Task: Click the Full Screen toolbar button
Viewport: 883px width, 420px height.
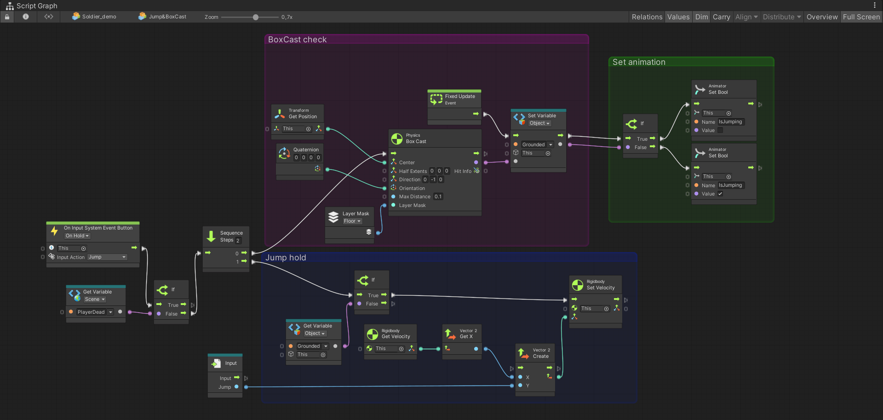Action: click(861, 17)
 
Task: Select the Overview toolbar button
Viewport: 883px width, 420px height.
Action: click(822, 17)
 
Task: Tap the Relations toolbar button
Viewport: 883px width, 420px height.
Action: click(647, 17)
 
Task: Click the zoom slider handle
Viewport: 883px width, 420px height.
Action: click(256, 17)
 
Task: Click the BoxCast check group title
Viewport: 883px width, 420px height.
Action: click(297, 40)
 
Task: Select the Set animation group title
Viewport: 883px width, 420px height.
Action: click(639, 62)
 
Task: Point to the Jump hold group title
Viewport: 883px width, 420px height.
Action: click(286, 258)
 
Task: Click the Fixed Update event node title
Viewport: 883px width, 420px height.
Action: click(459, 97)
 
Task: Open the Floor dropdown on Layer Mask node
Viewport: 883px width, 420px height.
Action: click(352, 221)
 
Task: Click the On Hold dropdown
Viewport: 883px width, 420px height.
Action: click(77, 236)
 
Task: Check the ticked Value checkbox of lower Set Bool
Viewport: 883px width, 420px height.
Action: click(720, 194)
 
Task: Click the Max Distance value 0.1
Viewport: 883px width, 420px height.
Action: click(438, 196)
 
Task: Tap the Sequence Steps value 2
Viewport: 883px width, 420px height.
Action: click(238, 240)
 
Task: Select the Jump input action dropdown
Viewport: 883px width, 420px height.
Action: click(107, 257)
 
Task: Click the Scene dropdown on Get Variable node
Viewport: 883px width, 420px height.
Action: click(95, 299)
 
